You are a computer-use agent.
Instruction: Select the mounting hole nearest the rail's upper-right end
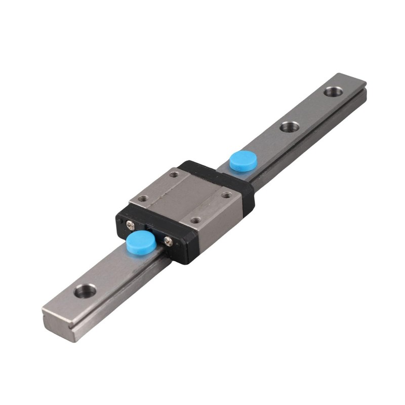333,92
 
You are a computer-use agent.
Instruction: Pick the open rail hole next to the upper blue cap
289,126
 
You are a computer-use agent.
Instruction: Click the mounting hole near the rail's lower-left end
85,291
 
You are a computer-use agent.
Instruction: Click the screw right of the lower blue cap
168,242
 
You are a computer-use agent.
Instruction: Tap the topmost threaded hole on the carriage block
174,175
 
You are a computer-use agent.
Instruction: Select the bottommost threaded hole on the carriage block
195,220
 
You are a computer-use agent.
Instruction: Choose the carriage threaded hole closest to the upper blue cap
226,194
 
